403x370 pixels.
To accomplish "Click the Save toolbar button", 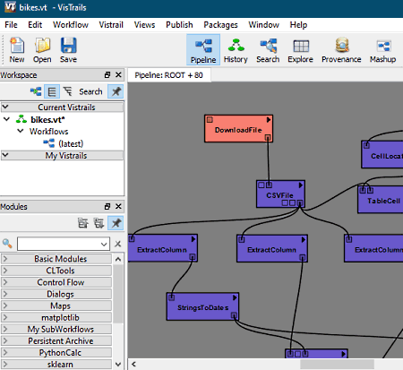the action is coord(68,50).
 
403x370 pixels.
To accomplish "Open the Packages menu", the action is coord(220,25).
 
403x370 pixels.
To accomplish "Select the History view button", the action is coord(236,50).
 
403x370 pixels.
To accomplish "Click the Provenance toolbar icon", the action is coord(341,50).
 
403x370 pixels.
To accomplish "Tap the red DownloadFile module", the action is coord(238,128).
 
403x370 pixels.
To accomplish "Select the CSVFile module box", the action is coord(280,194).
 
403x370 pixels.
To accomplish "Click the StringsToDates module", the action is coord(202,306).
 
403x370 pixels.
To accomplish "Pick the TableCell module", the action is coord(381,199).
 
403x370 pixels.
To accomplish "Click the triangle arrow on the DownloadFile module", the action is coord(269,120).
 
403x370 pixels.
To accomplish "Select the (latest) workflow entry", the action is coord(71,143).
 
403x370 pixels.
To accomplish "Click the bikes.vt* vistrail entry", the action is coord(47,120).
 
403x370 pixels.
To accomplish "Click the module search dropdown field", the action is coord(64,244).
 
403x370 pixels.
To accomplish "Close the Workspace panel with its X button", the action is coord(118,74).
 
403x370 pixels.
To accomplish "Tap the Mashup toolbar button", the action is coord(383,50).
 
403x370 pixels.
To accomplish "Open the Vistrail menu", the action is coord(111,25).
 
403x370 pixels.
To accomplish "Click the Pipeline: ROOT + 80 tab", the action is coord(169,75).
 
